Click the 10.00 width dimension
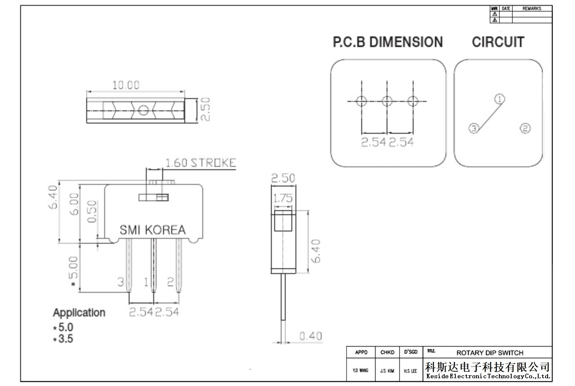pos(126,85)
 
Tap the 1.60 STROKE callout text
pos(201,163)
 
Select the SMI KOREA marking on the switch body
pos(152,230)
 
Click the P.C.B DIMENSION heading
pos(388,42)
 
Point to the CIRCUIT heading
pos(498,42)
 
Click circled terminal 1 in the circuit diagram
pos(499,99)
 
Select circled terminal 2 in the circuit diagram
pos(525,128)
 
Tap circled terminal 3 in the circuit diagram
pos(474,128)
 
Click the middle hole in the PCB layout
pos(387,101)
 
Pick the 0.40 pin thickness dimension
pos(311,336)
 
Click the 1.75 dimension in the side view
pos(283,198)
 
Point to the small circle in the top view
pos(143,110)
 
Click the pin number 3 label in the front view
pos(121,282)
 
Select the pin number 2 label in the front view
pos(170,282)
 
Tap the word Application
pos(79,313)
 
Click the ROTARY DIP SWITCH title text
pos(490,353)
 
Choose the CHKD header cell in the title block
pos(387,352)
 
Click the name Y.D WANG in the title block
pos(360,370)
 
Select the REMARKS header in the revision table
pos(532,9)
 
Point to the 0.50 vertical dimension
pos(92,211)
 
